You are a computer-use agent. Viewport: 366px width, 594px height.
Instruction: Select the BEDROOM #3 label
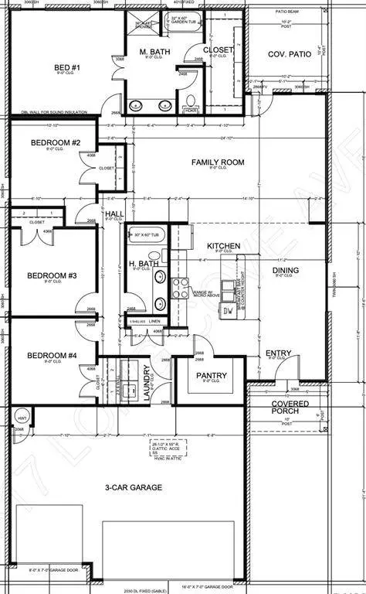click(50, 275)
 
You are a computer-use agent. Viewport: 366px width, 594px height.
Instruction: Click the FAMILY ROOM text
click(218, 162)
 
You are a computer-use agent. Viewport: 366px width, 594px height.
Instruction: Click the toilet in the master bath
click(191, 100)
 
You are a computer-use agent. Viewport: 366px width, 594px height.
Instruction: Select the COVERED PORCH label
click(290, 408)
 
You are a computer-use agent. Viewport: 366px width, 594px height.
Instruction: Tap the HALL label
click(114, 213)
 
